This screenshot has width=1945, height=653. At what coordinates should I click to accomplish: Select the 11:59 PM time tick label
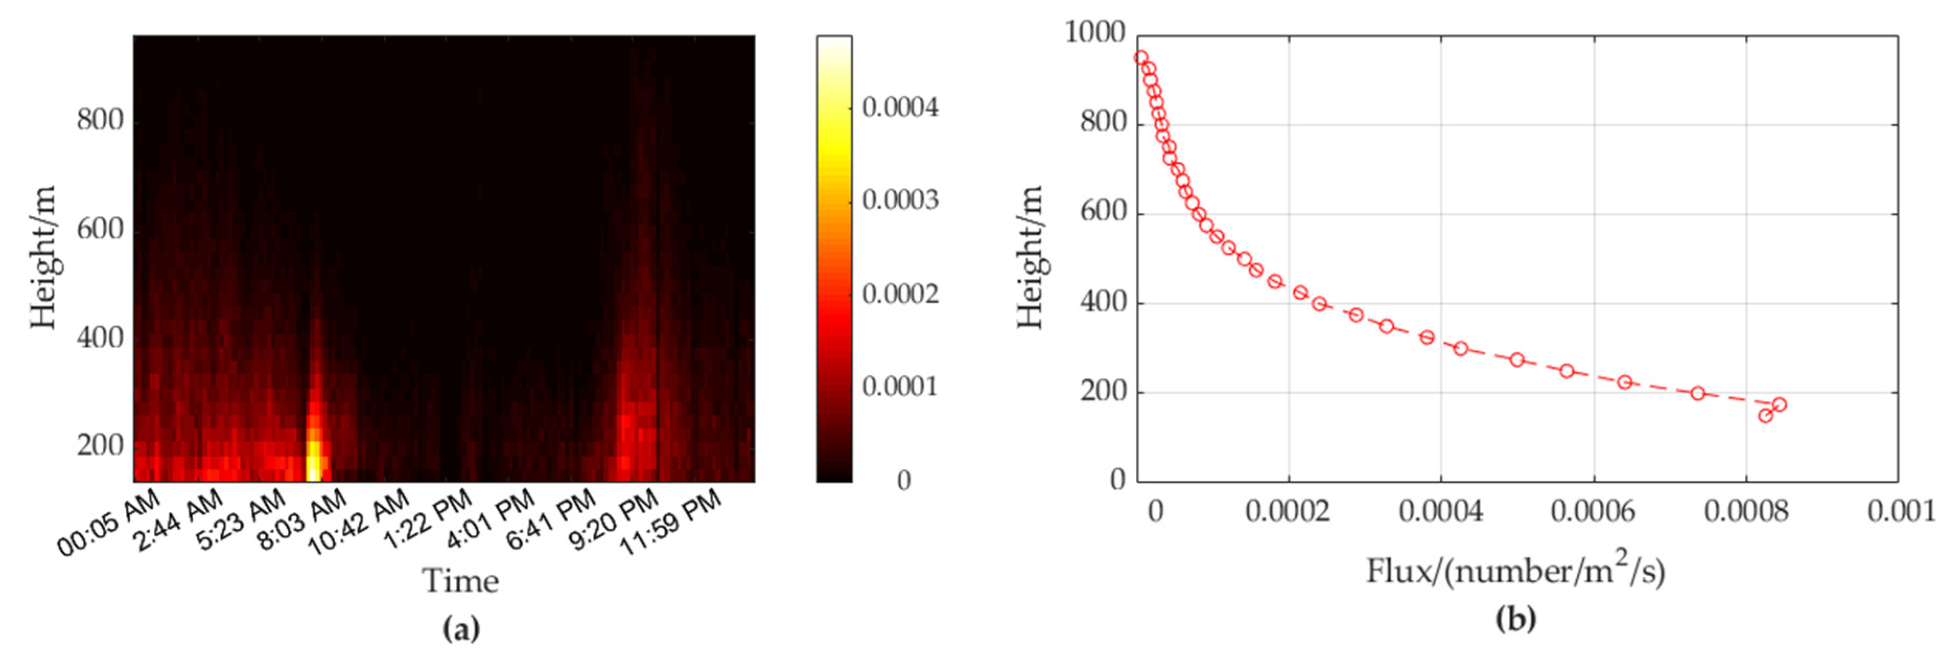(671, 521)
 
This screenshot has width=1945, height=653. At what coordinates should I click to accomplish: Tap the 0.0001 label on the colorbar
(900, 386)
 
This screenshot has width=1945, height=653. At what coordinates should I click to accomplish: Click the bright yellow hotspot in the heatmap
(315, 458)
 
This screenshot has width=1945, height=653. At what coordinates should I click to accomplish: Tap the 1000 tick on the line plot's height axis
(1095, 33)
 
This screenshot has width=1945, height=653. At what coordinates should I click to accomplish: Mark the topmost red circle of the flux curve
(1141, 57)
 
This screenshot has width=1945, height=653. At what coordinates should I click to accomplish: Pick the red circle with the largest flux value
(1779, 405)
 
